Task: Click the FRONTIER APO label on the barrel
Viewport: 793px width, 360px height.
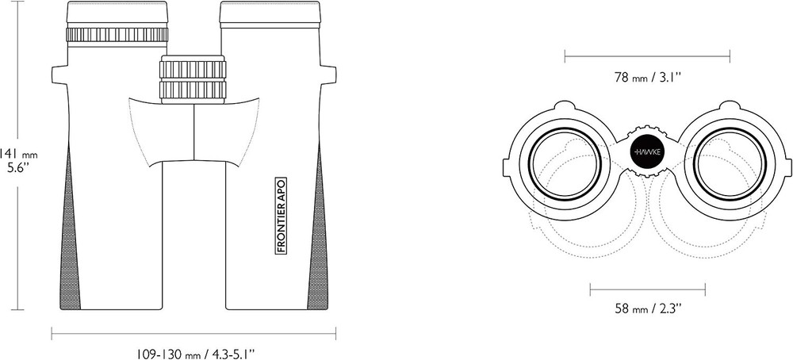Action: pyautogui.click(x=282, y=216)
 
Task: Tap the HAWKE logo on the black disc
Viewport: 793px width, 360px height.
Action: pyautogui.click(x=647, y=151)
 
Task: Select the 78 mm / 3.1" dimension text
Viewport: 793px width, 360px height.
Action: pyautogui.click(x=648, y=78)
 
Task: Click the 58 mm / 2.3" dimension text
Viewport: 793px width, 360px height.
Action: pyautogui.click(x=648, y=308)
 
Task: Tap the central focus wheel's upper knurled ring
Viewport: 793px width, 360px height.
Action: pyautogui.click(x=192, y=69)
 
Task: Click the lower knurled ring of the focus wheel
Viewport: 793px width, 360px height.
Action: pyautogui.click(x=192, y=89)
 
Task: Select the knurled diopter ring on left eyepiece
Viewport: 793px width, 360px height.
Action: pyautogui.click(x=117, y=34)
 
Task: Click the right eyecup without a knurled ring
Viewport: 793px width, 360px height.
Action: pyautogui.click(x=270, y=13)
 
